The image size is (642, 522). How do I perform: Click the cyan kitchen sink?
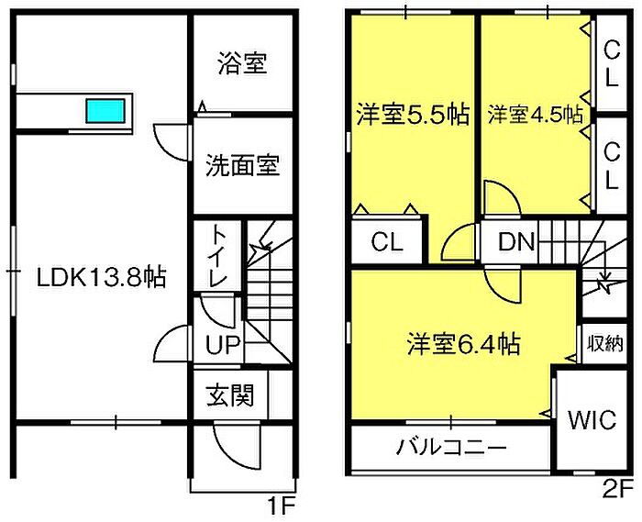105,110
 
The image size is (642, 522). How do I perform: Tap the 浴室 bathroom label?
242,63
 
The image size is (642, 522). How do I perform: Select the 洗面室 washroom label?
242,165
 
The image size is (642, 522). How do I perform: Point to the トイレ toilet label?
218,256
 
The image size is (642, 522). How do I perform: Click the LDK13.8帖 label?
102,277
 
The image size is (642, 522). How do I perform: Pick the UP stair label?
222,344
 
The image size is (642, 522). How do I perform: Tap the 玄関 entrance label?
230,395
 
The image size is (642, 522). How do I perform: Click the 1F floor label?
282,507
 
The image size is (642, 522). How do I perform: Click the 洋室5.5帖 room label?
413,115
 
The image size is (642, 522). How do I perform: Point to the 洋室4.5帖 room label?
535,115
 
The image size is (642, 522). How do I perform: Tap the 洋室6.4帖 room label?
463,344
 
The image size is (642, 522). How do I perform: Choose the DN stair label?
515,242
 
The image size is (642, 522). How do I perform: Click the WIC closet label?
592,419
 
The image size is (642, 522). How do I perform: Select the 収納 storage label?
605,343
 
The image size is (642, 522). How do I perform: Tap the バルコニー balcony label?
451,447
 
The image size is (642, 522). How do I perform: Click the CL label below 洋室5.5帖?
387,242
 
